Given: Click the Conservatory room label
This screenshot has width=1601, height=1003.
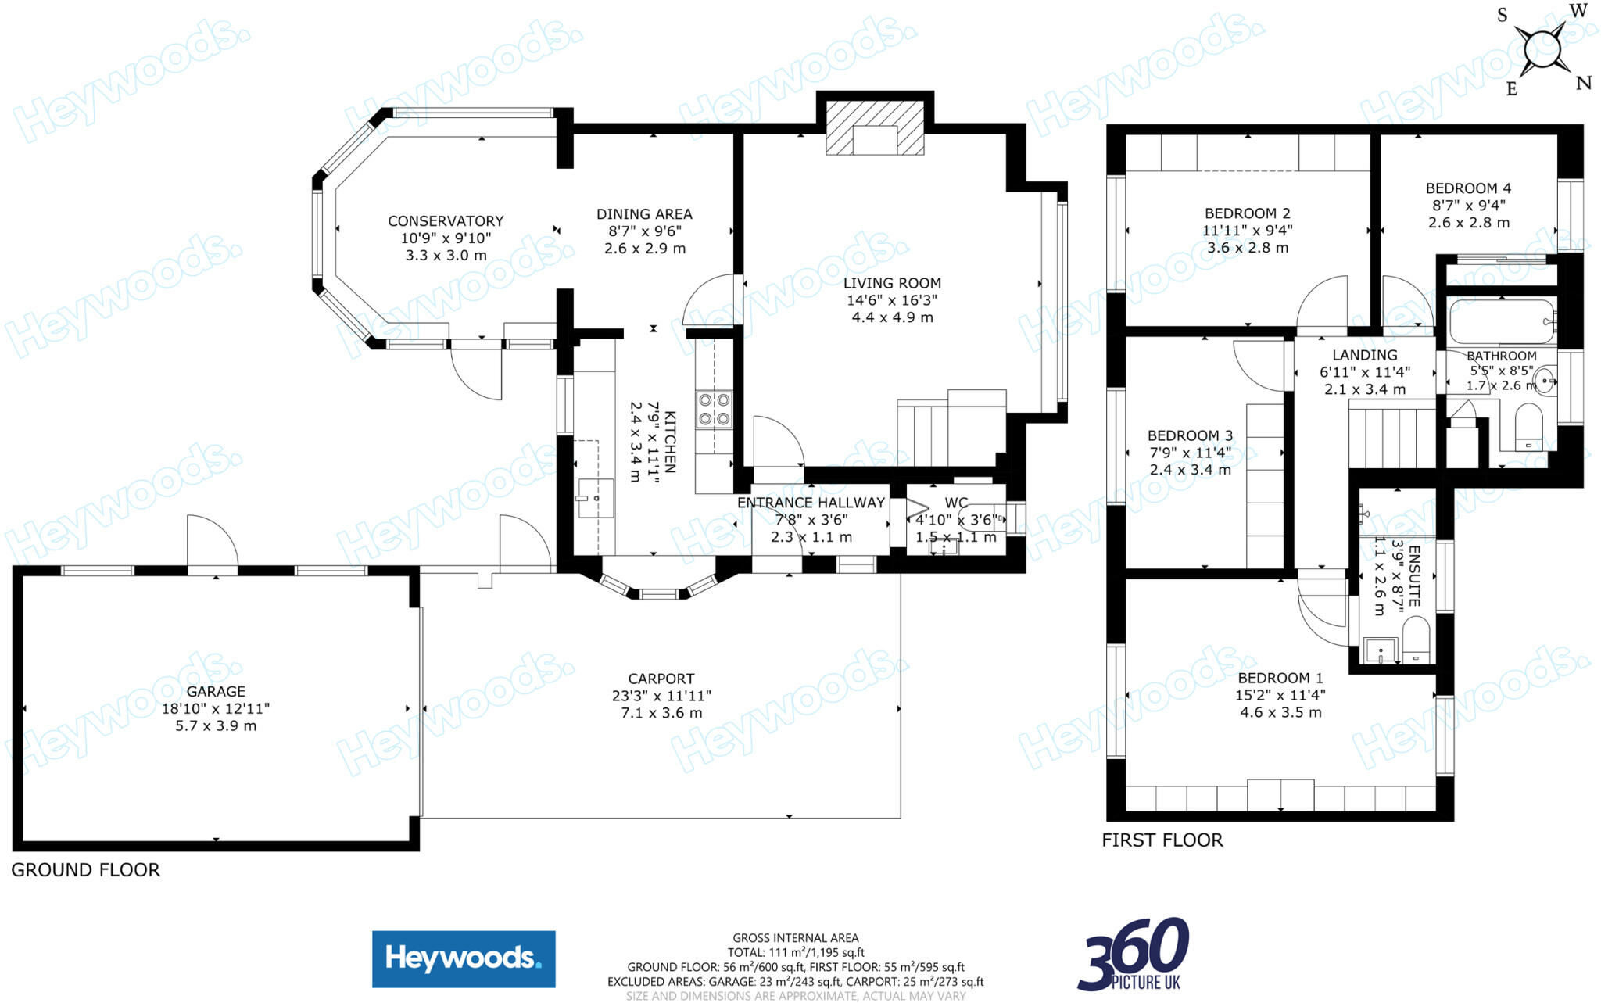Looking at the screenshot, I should (x=446, y=221).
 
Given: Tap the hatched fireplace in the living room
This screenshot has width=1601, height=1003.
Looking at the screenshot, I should (x=875, y=128).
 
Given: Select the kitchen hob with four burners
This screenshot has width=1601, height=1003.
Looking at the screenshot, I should (x=715, y=410).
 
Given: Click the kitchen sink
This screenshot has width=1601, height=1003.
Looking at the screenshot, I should (x=596, y=498).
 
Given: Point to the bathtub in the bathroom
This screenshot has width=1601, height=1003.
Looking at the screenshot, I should (x=1500, y=321).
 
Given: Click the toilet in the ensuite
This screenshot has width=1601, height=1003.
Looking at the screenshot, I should (x=1416, y=639).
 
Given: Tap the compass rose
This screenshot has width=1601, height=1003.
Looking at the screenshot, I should (x=1542, y=50).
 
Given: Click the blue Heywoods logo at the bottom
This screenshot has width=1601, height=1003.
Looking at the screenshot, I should (x=464, y=958).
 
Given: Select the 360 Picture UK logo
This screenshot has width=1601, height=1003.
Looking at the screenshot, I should (x=1134, y=955).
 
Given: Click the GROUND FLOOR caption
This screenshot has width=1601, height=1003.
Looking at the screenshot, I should (x=85, y=870).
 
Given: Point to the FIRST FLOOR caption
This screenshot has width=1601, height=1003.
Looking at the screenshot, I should (x=1162, y=840).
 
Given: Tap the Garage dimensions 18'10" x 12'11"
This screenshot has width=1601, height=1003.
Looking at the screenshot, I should (x=216, y=709).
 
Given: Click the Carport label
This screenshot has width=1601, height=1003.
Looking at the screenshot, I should (x=661, y=679).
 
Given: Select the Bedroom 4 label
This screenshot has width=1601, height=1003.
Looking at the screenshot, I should (x=1468, y=188).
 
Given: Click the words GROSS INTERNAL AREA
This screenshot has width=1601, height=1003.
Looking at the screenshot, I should (x=795, y=938).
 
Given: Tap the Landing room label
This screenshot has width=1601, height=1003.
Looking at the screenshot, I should (x=1365, y=355).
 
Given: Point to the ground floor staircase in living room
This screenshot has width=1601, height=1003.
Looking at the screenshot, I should (x=951, y=430).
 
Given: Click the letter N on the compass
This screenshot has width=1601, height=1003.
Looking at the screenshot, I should (x=1583, y=83).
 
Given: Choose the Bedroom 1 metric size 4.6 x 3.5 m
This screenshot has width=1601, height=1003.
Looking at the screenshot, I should (x=1280, y=712).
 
